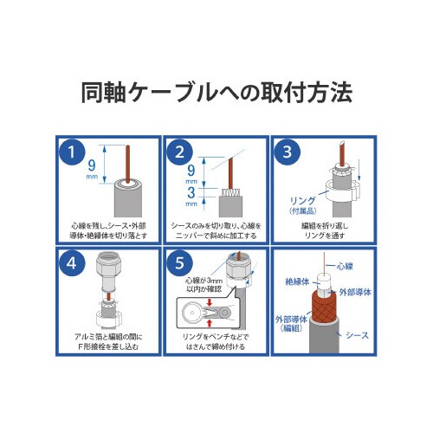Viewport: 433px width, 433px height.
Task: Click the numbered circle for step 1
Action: (x=73, y=152)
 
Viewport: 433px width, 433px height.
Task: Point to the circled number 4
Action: (x=73, y=262)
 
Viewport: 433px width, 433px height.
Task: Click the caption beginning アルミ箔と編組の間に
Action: (x=107, y=340)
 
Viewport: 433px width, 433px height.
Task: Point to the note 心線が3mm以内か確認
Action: (x=204, y=286)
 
